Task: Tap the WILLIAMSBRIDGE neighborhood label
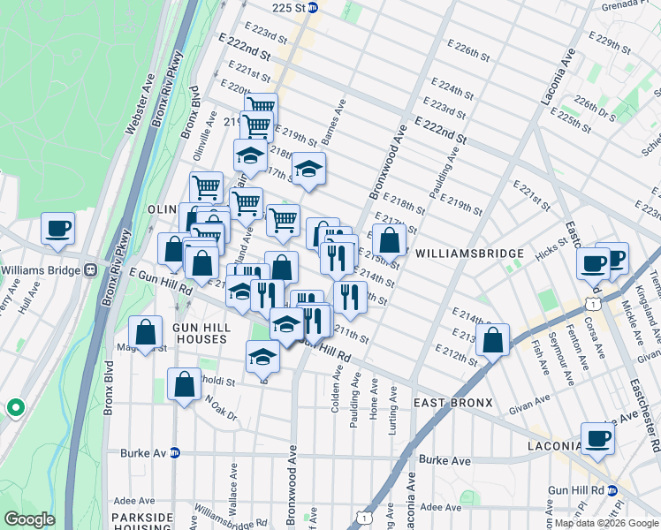[469, 254]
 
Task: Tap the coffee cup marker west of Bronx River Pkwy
[58, 230]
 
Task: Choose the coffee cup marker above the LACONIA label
[597, 438]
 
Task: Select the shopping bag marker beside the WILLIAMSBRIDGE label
[389, 240]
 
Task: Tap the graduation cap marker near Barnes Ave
[308, 170]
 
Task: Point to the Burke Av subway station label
[149, 453]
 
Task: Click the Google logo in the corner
[29, 519]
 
